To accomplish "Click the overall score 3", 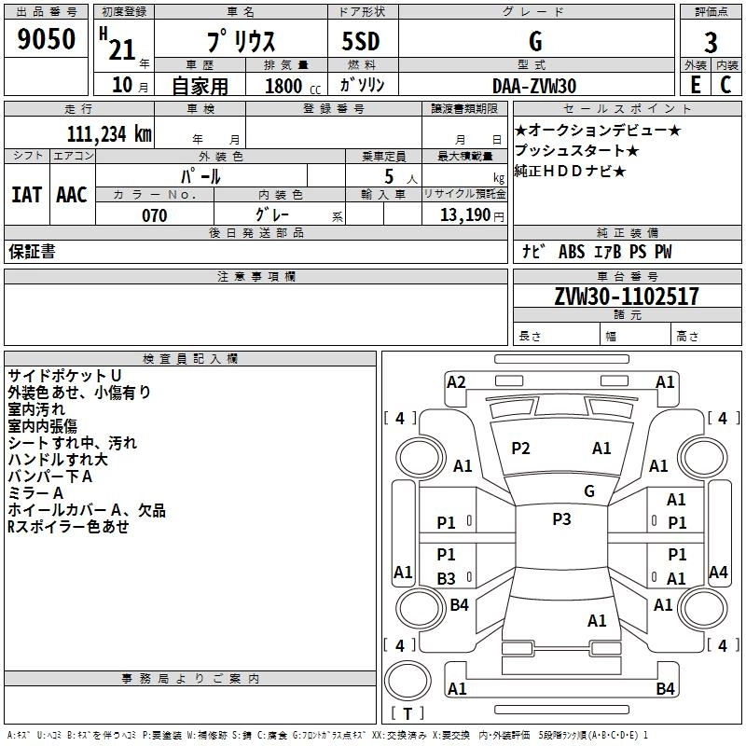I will coord(711,43).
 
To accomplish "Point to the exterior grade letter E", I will coord(695,85).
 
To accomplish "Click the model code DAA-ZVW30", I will coord(534,86).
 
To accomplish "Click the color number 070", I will coord(154,215).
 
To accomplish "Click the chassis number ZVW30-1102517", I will coord(627,297).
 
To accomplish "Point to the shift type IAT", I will coord(26,195).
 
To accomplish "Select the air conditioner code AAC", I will coord(72,195).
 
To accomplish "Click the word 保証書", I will coord(32,252).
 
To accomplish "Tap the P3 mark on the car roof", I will coord(561,519).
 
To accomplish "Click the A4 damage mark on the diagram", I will coord(718,572).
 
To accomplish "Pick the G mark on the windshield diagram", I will coord(589,491).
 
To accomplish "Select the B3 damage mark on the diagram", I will coord(447,578).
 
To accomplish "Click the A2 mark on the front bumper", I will coord(456,381).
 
